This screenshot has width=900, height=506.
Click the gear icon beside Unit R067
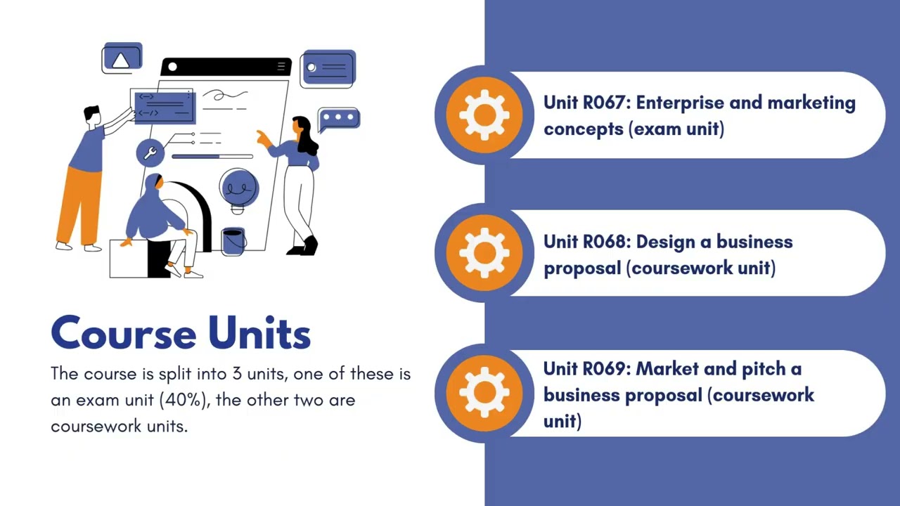tap(484, 115)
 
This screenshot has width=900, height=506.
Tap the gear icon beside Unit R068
tap(484, 253)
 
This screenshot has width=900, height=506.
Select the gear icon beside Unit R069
tap(484, 392)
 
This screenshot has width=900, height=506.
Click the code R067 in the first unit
tap(607, 103)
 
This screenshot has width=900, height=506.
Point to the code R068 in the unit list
tap(607, 242)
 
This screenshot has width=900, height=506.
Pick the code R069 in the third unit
tap(607, 369)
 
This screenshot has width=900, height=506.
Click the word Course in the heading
tap(124, 333)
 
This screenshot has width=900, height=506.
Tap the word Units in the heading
tap(259, 332)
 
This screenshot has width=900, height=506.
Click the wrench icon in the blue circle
tap(150, 153)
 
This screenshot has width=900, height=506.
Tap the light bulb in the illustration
tap(238, 192)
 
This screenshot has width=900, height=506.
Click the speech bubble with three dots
tap(339, 119)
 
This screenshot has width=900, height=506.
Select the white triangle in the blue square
tap(120, 60)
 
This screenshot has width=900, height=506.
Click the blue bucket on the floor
tap(233, 241)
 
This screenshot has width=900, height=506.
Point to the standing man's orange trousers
tap(79, 205)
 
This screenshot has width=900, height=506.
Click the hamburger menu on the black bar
tap(281, 66)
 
